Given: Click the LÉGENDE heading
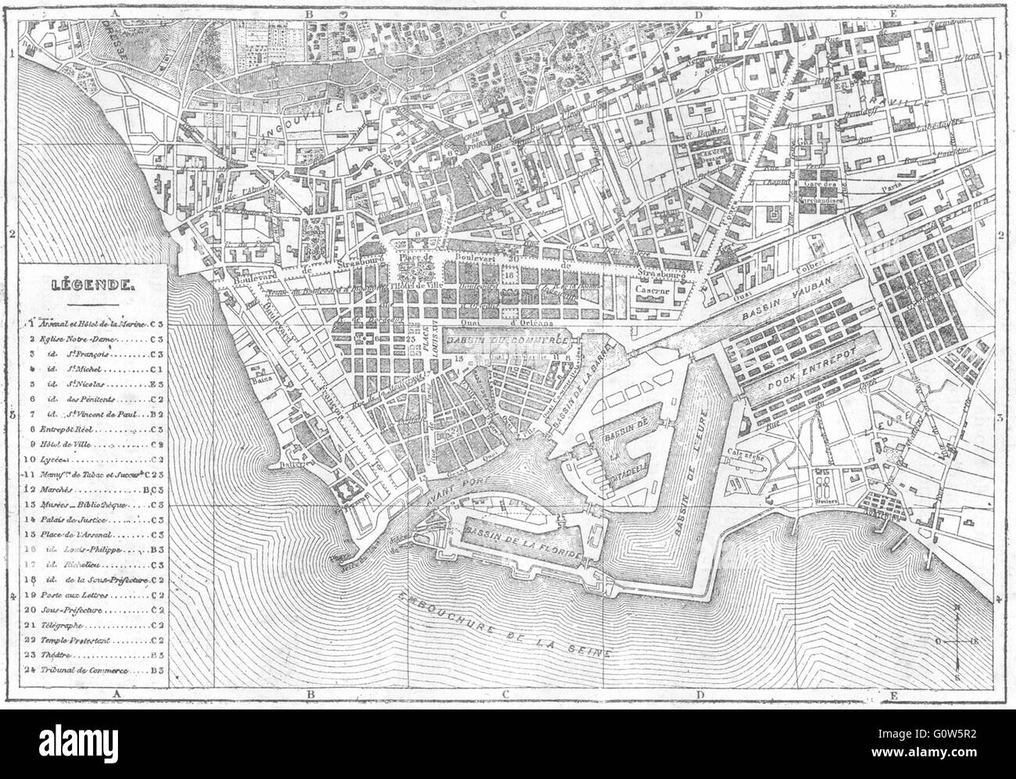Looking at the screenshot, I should tap(93, 286).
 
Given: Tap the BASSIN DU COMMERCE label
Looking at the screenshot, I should tap(508, 342).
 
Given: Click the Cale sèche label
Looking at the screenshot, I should tap(745, 452).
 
